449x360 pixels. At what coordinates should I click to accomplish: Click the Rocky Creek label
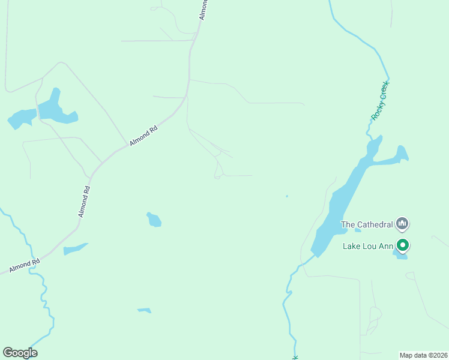click(381, 101)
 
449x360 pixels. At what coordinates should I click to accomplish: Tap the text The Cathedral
click(367, 225)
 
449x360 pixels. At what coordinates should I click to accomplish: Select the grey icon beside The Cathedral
click(403, 224)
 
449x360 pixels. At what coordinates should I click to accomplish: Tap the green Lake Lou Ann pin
click(403, 245)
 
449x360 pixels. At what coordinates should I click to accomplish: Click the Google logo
click(20, 353)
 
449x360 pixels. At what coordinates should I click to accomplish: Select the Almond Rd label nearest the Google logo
click(25, 264)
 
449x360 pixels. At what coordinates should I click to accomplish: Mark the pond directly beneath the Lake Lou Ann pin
click(400, 256)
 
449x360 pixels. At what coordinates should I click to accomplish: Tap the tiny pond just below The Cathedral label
click(358, 230)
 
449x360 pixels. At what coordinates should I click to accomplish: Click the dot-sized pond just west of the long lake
click(287, 196)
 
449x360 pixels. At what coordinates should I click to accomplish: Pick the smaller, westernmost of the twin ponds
click(21, 118)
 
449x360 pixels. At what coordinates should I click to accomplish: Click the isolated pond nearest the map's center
click(154, 220)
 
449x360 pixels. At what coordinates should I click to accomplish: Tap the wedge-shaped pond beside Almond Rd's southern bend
click(74, 248)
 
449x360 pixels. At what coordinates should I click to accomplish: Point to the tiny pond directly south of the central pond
click(144, 310)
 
